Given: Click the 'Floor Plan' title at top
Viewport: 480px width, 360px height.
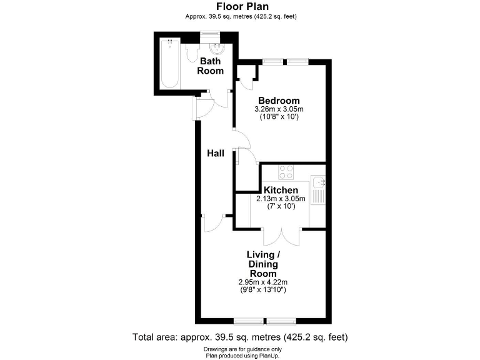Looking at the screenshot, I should pos(239,7).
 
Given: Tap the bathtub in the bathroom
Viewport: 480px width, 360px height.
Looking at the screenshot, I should pos(170,64).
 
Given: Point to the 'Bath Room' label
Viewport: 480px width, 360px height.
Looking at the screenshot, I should pos(211,66).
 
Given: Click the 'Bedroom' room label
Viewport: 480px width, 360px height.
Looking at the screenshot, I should pos(279,101).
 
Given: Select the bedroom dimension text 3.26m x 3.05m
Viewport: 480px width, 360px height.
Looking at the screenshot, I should pos(279,109).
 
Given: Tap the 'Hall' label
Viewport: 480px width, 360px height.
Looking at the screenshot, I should pos(216,153).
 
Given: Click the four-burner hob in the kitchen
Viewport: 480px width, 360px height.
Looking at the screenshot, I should pos(287,172).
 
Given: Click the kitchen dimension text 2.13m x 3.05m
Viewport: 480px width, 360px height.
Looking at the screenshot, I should pos(281,199).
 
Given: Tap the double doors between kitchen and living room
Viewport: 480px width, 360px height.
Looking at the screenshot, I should pos(282,236).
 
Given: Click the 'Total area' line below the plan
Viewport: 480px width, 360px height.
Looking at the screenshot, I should pos(239,337).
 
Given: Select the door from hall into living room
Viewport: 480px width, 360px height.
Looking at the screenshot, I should pos(214,222).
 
